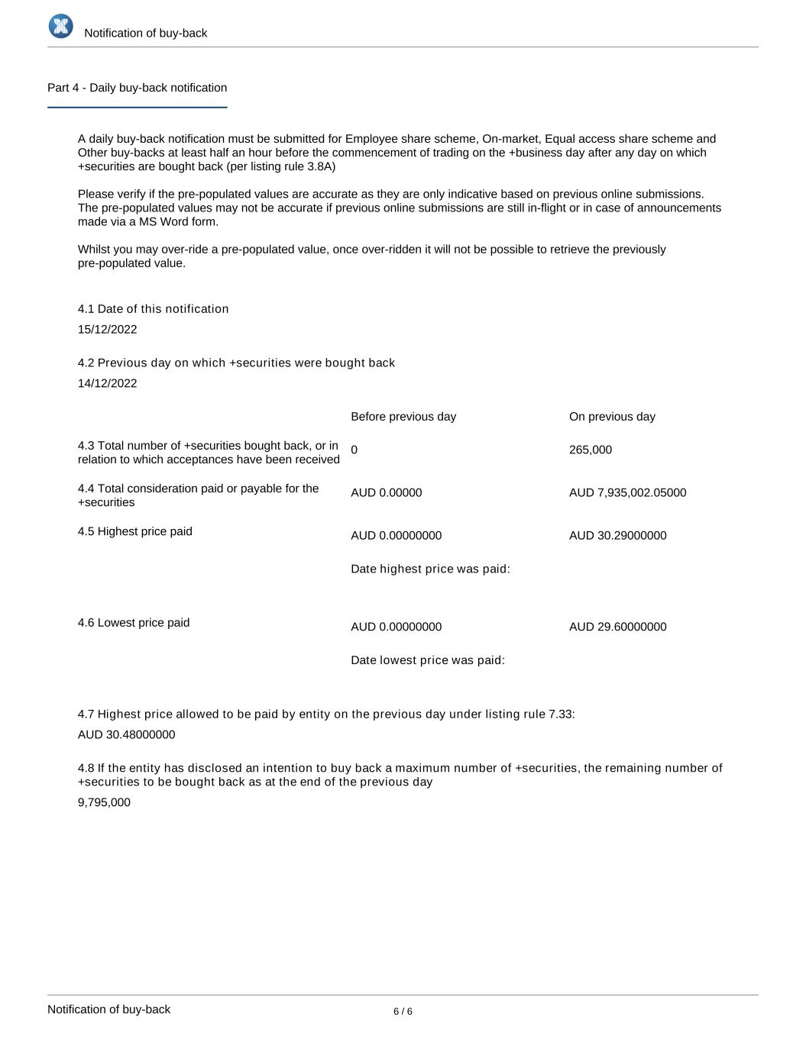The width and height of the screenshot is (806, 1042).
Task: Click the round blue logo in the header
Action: coord(61,26)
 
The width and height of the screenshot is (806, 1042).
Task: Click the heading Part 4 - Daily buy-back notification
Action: coord(137,88)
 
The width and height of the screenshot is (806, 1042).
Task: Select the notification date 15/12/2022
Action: coord(108,330)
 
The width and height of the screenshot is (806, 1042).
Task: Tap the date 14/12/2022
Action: coord(108,383)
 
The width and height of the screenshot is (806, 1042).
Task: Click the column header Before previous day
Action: coord(403,417)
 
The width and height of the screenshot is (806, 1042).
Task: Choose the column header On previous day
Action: coord(612,417)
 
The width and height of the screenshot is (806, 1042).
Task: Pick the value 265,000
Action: coord(591,450)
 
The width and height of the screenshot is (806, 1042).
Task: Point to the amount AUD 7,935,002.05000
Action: coord(627,493)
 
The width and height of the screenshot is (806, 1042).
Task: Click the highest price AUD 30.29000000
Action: coord(617,536)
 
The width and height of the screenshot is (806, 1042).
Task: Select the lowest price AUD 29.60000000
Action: coord(617,627)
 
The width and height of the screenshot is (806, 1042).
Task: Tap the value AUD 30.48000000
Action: coord(126,735)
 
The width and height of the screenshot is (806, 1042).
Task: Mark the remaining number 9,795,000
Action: coord(104,803)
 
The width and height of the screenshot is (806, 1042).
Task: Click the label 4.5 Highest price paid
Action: coord(135,531)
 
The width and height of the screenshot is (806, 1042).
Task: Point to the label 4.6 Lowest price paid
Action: coord(134,623)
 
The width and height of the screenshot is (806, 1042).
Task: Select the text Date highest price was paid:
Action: coord(430,569)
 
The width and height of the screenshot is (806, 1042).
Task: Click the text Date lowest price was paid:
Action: coord(428,660)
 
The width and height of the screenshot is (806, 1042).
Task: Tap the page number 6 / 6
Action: coord(403,1011)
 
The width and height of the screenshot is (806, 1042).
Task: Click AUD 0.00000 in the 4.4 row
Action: coord(386,493)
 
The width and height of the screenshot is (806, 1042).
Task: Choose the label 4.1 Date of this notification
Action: coord(153,309)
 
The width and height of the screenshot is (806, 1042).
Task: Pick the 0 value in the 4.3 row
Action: coord(354,450)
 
